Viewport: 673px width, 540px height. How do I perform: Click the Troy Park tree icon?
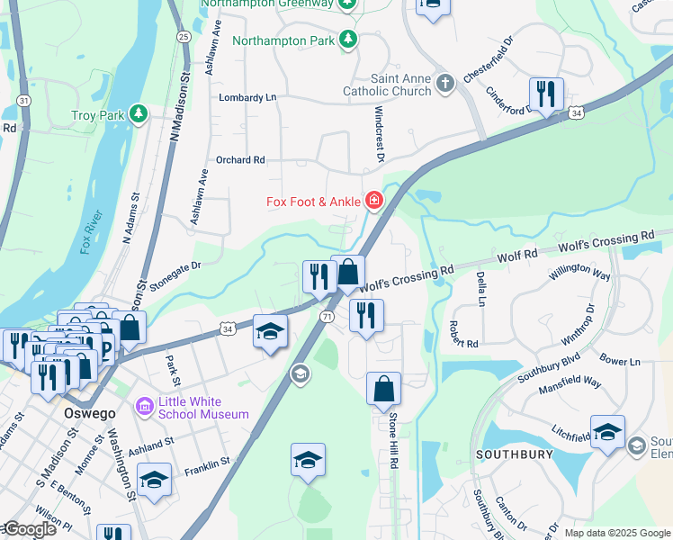(138, 113)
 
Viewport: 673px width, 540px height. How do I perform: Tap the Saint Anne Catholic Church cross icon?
(444, 85)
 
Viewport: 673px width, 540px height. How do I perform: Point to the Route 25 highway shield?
(184, 37)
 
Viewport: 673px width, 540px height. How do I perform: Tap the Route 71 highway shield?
(328, 318)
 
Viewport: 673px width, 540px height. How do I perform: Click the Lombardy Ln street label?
(247, 97)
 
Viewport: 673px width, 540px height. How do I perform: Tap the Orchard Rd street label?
(240, 160)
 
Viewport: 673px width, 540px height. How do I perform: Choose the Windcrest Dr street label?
(379, 135)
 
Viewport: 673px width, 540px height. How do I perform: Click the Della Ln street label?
(480, 288)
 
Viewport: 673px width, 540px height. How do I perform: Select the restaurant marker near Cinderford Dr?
(546, 94)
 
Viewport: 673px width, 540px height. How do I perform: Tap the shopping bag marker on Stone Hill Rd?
(383, 390)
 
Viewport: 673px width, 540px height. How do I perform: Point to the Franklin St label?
(207, 463)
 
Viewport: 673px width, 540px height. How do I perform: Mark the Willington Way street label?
(581, 269)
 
